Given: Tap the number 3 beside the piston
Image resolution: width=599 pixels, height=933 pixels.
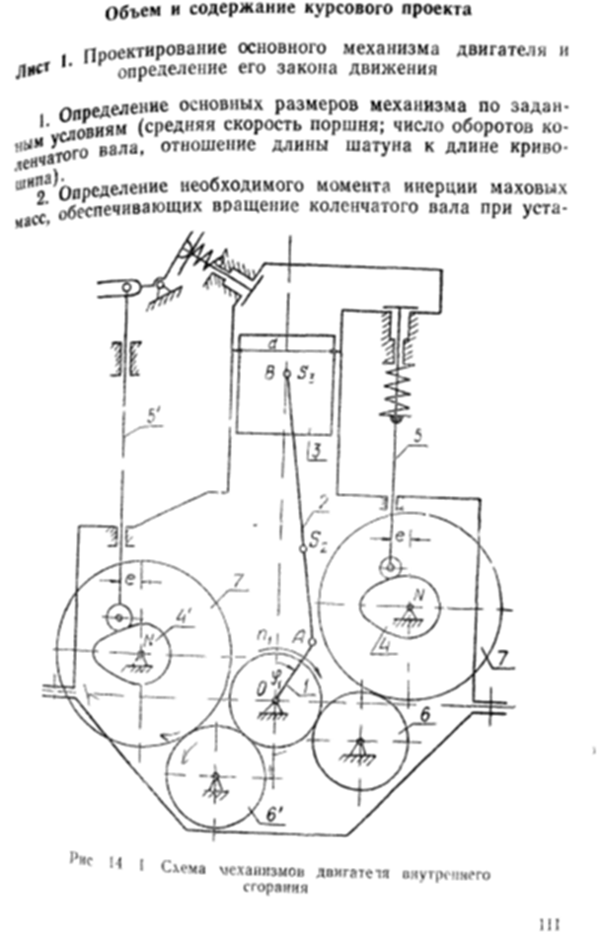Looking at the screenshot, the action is point(314,452).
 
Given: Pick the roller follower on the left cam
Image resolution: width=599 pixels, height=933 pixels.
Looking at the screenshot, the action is point(118,616).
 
